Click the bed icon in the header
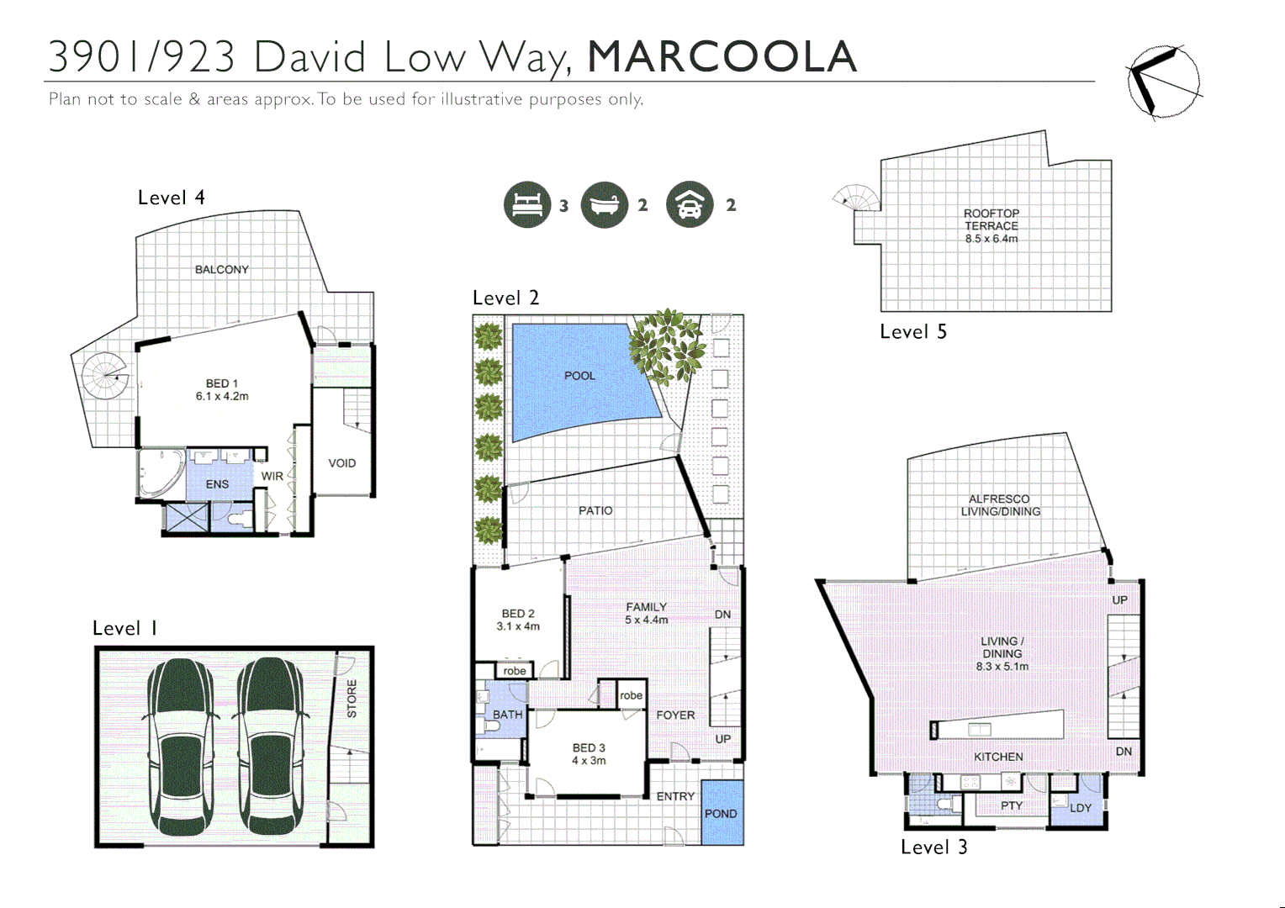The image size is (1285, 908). (x=526, y=204)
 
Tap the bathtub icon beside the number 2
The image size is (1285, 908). (x=604, y=204)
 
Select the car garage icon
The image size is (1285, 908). (x=689, y=204)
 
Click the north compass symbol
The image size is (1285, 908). (x=1163, y=82)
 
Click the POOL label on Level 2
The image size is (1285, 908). (x=579, y=376)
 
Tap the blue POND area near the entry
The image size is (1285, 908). (x=721, y=813)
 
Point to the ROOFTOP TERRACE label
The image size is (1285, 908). (x=991, y=220)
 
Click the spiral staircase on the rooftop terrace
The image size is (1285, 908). (x=857, y=198)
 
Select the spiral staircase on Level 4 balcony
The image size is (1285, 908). (x=105, y=375)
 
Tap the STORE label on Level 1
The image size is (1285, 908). (x=352, y=699)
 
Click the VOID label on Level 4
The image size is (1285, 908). (x=341, y=463)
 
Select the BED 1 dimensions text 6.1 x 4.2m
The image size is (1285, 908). (x=222, y=397)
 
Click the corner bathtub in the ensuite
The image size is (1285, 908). (x=161, y=473)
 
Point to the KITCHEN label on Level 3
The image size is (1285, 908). (x=998, y=757)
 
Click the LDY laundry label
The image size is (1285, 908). (x=1080, y=808)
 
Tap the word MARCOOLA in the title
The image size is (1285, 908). (x=722, y=57)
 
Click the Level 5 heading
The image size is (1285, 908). (x=912, y=332)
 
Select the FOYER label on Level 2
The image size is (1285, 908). (x=675, y=715)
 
